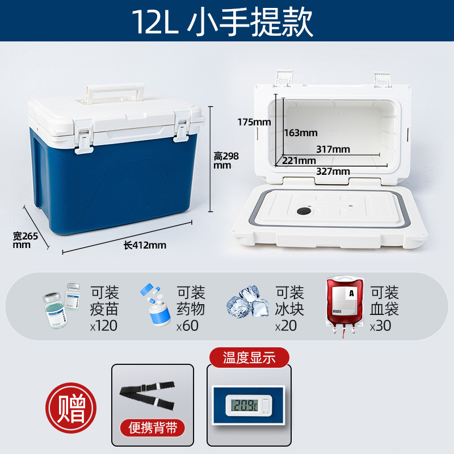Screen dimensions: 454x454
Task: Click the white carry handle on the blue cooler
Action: click(115, 89)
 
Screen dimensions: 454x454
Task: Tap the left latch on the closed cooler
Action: click(83, 137)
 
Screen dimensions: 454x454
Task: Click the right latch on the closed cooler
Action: click(182, 127)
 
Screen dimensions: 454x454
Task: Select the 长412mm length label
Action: click(145, 245)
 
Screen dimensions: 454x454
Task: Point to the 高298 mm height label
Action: click(226, 161)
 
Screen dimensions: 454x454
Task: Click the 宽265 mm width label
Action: click(25, 240)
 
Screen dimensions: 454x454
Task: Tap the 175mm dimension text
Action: click(254, 122)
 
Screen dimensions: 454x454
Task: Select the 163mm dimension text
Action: click(301, 133)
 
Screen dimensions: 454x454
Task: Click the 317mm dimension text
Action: click(333, 149)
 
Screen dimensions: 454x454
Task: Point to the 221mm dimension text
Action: click(299, 161)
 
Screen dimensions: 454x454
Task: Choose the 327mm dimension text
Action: click(333, 171)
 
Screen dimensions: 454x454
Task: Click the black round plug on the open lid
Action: click(304, 211)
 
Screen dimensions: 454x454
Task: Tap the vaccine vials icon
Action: click(61, 305)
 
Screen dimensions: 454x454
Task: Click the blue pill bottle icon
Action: click(155, 305)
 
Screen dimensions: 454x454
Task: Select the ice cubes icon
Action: click(248, 301)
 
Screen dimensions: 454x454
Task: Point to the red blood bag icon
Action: click(344, 306)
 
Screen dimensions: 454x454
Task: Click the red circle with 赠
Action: click(71, 408)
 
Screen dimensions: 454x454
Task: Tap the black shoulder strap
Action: click(148, 396)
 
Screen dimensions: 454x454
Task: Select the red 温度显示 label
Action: click(249, 358)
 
